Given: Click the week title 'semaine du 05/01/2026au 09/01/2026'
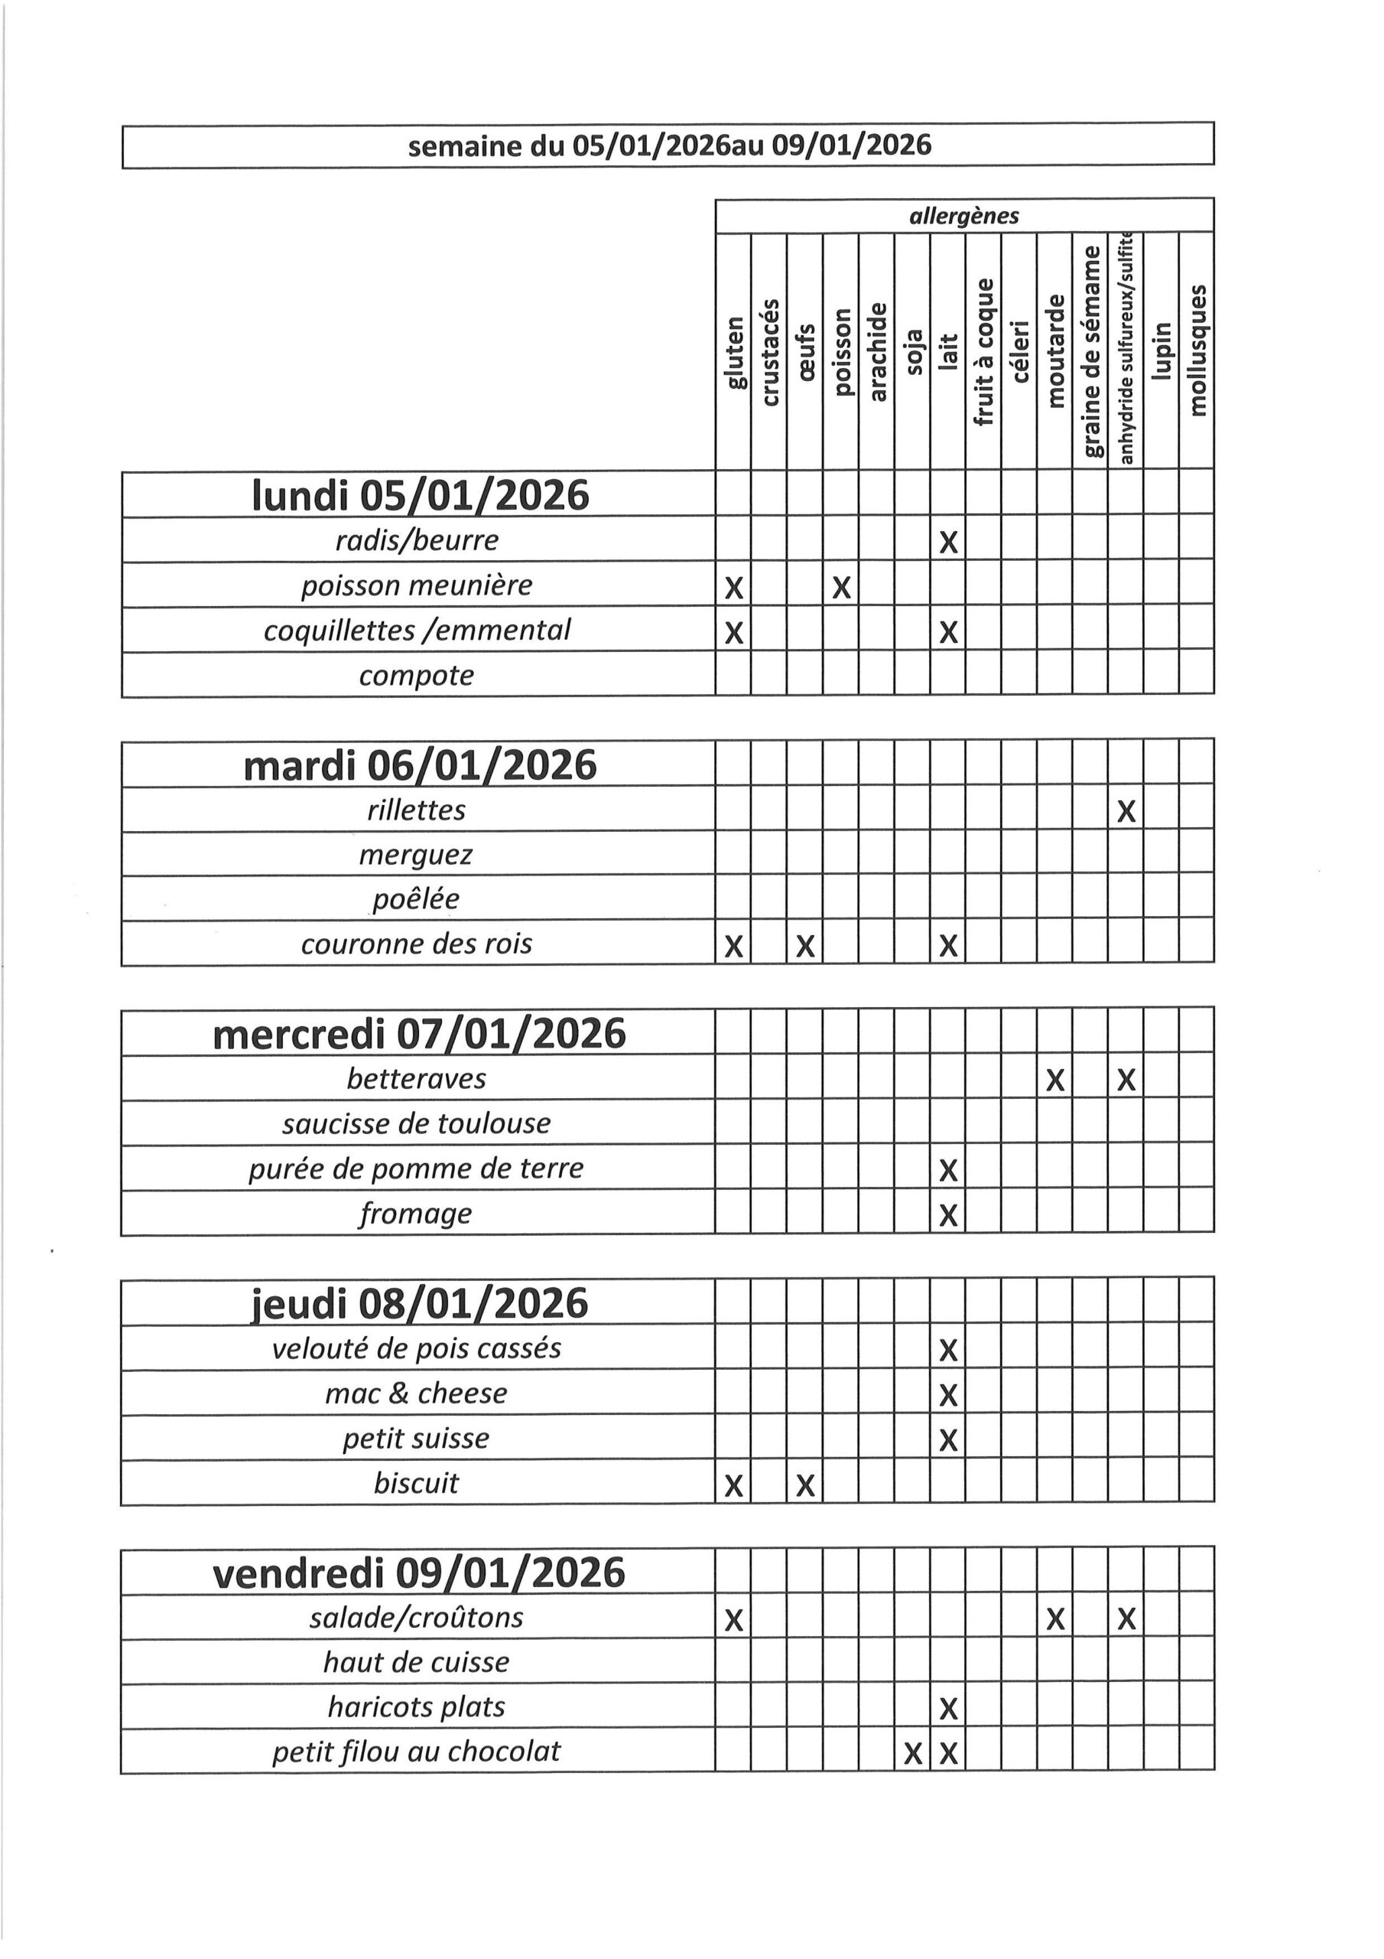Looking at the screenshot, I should point(668,146).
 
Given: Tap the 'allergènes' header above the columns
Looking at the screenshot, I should point(963,217).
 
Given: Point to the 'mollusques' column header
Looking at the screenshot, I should point(1197,350).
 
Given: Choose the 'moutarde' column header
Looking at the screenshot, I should point(1055,350).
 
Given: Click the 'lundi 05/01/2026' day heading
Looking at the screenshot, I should point(420,495).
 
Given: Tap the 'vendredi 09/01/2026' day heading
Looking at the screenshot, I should point(419,1573).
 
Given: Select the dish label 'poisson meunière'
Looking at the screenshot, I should point(416,585).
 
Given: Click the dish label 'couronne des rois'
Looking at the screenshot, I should point(416,944).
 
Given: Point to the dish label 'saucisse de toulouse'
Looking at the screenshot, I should point(416,1123).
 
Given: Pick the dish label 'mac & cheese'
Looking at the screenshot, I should point(416,1393).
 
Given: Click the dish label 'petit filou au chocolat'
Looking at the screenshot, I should point(416,1752).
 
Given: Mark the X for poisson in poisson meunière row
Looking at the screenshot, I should point(841,588).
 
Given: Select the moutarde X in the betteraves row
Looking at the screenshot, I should point(1055,1081).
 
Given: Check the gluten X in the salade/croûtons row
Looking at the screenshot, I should point(733,1620).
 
